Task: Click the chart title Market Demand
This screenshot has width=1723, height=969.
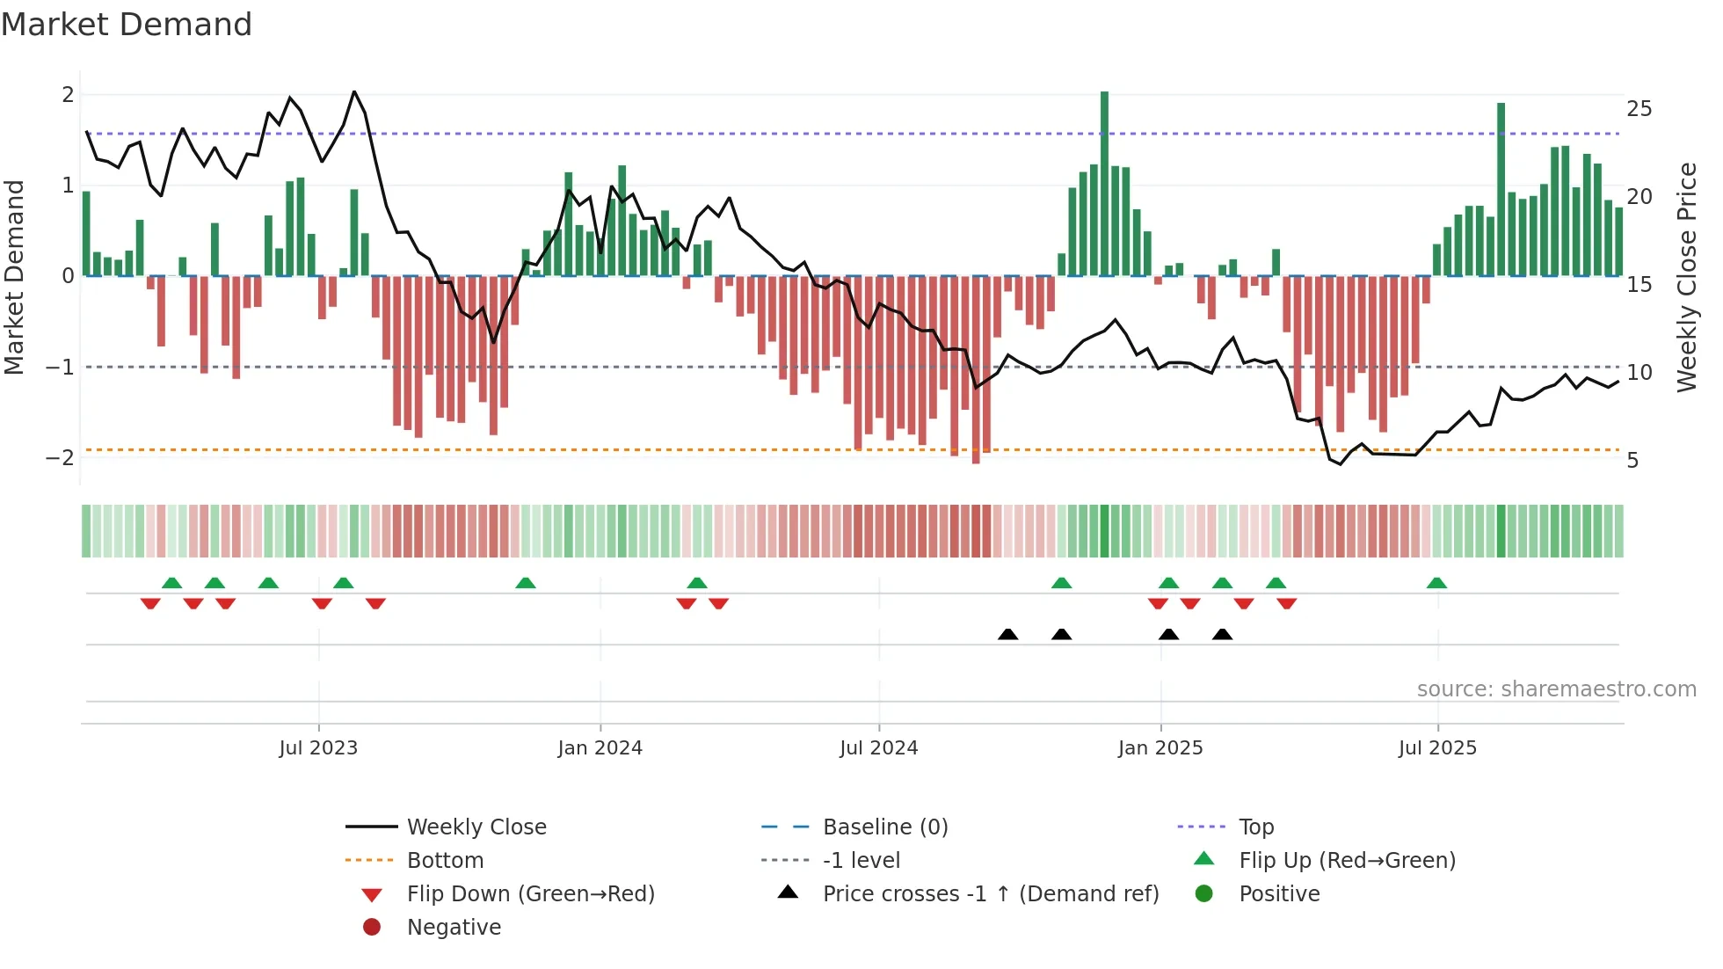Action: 127,25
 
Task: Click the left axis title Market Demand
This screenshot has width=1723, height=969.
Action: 15,278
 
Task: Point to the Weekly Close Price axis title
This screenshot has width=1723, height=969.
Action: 1686,278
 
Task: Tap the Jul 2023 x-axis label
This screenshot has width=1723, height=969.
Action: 318,748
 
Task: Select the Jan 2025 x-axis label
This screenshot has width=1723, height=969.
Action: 1160,748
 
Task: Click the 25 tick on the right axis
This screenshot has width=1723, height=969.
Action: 1639,109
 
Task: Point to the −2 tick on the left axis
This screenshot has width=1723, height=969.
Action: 61,458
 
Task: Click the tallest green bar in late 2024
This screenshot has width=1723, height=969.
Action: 1104,185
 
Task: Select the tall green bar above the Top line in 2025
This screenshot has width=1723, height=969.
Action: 1501,189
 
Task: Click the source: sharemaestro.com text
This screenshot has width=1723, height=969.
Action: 1556,689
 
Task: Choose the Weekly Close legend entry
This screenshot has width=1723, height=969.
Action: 476,827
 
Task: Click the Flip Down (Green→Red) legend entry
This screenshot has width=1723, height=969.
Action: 530,894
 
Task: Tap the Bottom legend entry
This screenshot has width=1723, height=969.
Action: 445,861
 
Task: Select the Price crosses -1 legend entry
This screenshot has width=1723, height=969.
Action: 990,894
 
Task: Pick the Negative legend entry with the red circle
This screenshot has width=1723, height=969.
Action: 454,928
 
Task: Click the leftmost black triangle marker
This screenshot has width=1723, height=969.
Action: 1008,634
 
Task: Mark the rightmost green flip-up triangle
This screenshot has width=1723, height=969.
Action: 1436,583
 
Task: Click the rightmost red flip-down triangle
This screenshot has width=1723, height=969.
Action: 1287,603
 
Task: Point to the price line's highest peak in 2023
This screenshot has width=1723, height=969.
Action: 354,92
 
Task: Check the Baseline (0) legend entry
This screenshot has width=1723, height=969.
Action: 884,827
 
